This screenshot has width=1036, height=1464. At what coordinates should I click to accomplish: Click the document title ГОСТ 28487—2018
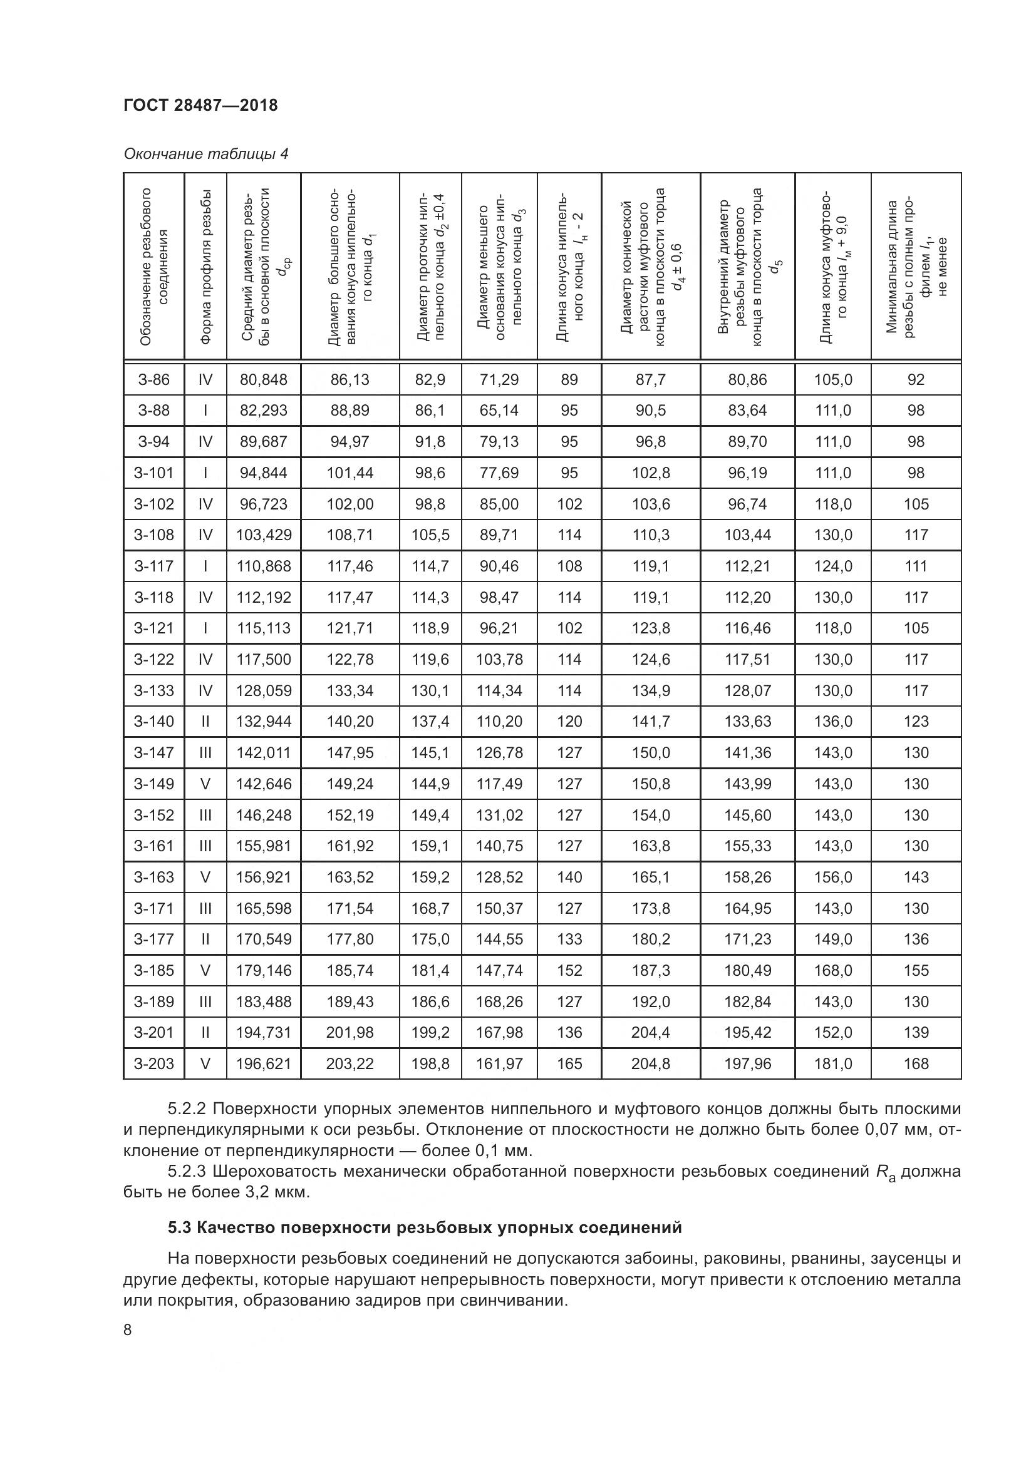coord(200,105)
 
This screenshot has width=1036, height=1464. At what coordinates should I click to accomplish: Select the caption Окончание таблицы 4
coord(205,154)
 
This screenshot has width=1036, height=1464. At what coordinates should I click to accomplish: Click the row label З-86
coord(153,379)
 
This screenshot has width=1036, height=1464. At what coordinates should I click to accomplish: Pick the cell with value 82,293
coord(264,410)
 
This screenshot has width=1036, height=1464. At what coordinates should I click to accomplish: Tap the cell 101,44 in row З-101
coord(350,473)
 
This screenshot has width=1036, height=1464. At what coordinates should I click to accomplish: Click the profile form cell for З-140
coord(205,721)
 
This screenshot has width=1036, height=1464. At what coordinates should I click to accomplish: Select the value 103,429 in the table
coord(264,535)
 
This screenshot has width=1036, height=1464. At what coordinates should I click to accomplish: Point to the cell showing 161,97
coord(499,1063)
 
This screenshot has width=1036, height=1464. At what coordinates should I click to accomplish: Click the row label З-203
coord(153,1063)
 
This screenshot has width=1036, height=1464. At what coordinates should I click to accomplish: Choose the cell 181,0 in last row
coord(832,1063)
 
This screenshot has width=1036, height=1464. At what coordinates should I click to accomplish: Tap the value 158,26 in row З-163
coord(747,877)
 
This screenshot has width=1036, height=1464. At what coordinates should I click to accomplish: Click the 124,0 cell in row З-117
coord(832,566)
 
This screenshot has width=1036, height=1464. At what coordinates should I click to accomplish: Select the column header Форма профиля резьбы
coord(205,267)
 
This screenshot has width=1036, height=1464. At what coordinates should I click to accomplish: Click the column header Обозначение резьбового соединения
coord(153,267)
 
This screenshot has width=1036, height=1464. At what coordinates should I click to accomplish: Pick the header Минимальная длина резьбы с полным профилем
coord(916,267)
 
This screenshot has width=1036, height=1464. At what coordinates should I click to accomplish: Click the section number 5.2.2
coord(187,1108)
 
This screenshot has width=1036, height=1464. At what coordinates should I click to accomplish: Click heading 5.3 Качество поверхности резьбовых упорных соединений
coord(424,1227)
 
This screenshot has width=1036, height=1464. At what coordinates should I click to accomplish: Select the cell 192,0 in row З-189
coord(651,1001)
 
